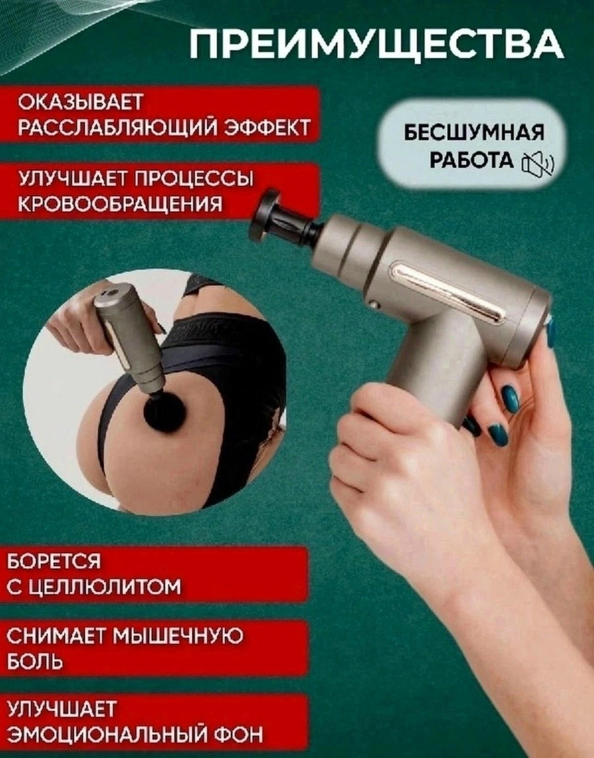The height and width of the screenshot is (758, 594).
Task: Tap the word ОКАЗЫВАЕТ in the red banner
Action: [x=80, y=102]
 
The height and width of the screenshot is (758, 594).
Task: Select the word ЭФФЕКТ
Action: [x=267, y=127]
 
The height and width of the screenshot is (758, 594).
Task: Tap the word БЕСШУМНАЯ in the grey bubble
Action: [x=474, y=134]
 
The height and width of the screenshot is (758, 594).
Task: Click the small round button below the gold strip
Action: [x=375, y=304]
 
